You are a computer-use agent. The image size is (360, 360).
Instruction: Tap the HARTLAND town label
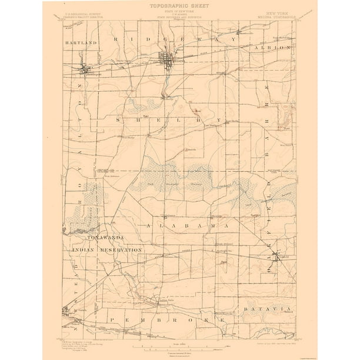point(81,43)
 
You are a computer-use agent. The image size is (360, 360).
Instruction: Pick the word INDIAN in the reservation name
point(85,250)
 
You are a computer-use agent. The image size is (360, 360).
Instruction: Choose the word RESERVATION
point(121,250)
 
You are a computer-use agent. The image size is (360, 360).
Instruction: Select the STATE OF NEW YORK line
point(179,12)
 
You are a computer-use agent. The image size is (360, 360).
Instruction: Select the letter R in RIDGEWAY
point(116,39)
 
